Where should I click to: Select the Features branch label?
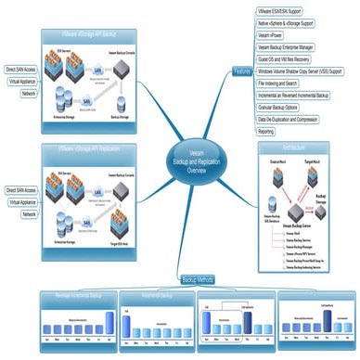242,71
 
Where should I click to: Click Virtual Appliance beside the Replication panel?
23,202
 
